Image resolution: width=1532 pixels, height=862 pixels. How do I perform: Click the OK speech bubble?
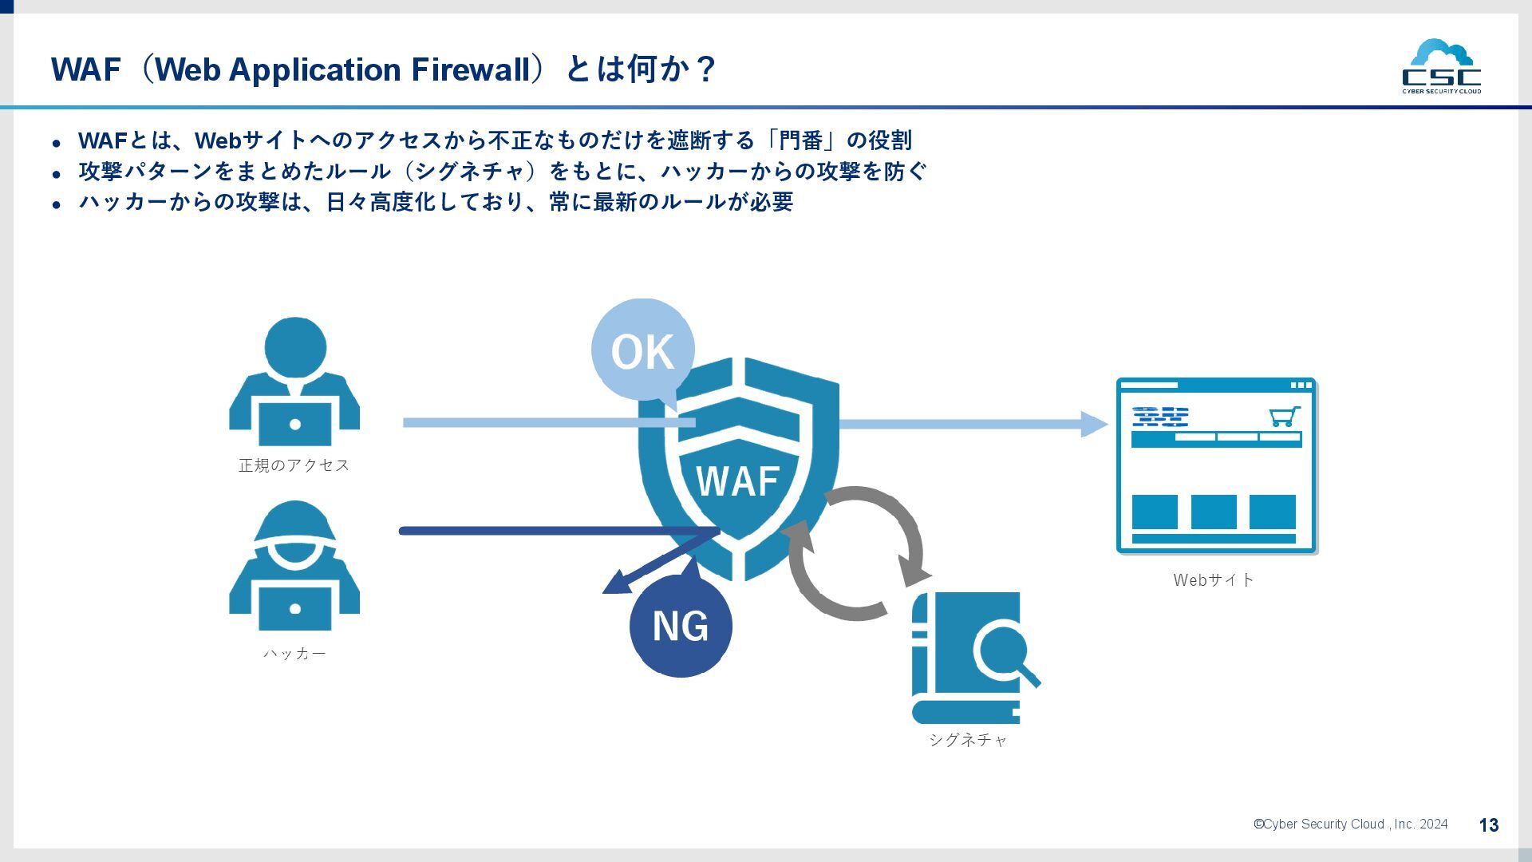point(642,350)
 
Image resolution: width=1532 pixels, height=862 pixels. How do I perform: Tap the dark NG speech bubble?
point(681,626)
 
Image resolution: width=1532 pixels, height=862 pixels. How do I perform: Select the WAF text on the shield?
point(737,481)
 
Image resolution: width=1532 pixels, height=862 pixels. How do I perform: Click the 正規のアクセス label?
point(294,465)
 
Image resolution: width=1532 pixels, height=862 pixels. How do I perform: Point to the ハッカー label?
point(294,654)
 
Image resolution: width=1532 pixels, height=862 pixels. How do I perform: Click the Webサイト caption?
point(1214,580)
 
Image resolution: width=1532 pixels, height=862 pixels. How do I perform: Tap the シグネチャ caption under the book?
point(968,740)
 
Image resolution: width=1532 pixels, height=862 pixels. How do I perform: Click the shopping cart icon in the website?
point(1284,417)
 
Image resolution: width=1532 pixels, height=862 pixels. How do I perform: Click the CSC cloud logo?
point(1441,66)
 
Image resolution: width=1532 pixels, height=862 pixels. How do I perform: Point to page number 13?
point(1488,825)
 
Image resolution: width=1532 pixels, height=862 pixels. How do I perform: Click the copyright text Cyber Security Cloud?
point(1350,824)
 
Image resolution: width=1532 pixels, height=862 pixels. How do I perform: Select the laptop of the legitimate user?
point(294,424)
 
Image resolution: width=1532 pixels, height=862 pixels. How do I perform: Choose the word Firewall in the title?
point(470,69)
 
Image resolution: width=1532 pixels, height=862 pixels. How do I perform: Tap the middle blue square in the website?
point(1214,512)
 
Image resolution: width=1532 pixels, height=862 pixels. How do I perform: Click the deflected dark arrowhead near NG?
point(615,587)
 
